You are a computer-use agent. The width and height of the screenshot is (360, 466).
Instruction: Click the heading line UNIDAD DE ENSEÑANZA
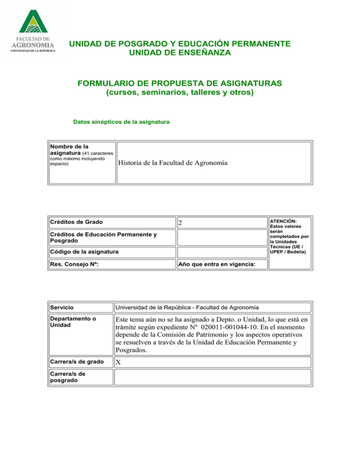[180, 53]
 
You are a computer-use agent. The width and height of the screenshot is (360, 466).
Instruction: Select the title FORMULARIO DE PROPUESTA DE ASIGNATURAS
[180, 83]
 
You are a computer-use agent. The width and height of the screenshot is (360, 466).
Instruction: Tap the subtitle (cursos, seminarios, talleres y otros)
[180, 93]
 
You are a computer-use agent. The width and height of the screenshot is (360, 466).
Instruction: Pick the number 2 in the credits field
[180, 224]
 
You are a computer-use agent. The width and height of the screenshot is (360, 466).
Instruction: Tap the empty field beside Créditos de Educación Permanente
[220, 237]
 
